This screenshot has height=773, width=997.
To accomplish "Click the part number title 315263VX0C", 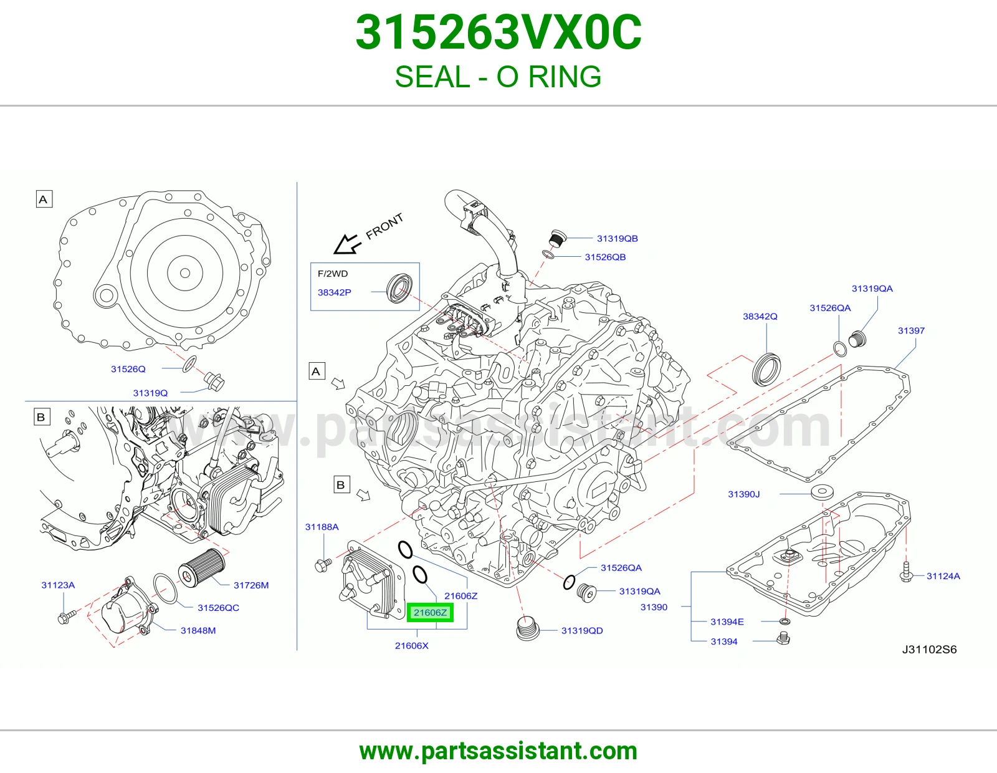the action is [499, 32].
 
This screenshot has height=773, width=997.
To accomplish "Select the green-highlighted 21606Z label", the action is [430, 612].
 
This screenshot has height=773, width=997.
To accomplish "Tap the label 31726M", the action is [251, 585].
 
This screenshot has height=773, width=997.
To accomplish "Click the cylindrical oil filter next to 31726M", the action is [201, 567].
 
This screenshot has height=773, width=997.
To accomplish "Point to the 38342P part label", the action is [335, 292].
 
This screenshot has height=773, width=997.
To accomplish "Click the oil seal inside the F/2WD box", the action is [399, 288].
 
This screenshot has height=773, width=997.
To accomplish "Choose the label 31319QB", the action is [617, 239].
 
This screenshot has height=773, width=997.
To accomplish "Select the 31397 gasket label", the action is [911, 330].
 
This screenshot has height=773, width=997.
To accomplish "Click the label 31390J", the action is [744, 494].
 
